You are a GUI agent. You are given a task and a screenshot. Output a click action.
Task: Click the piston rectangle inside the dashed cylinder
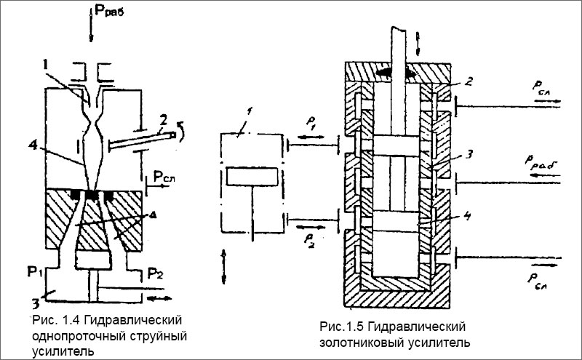point(251,176)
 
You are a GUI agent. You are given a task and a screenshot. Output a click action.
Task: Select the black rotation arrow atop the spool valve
point(396,73)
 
